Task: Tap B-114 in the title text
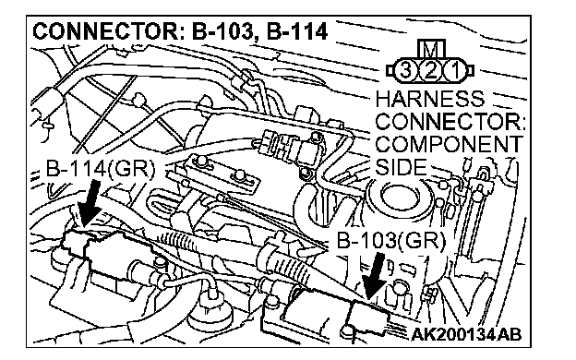297,31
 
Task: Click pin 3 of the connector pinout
405,70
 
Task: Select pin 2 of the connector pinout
430,70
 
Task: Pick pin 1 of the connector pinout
455,70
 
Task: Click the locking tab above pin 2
431,49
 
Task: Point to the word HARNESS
430,99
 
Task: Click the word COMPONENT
449,144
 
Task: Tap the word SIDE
402,167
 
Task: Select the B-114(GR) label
101,169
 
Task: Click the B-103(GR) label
390,241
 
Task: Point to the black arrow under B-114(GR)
90,203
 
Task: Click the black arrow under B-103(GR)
375,276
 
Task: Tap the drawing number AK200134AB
466,334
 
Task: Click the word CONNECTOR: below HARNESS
450,122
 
